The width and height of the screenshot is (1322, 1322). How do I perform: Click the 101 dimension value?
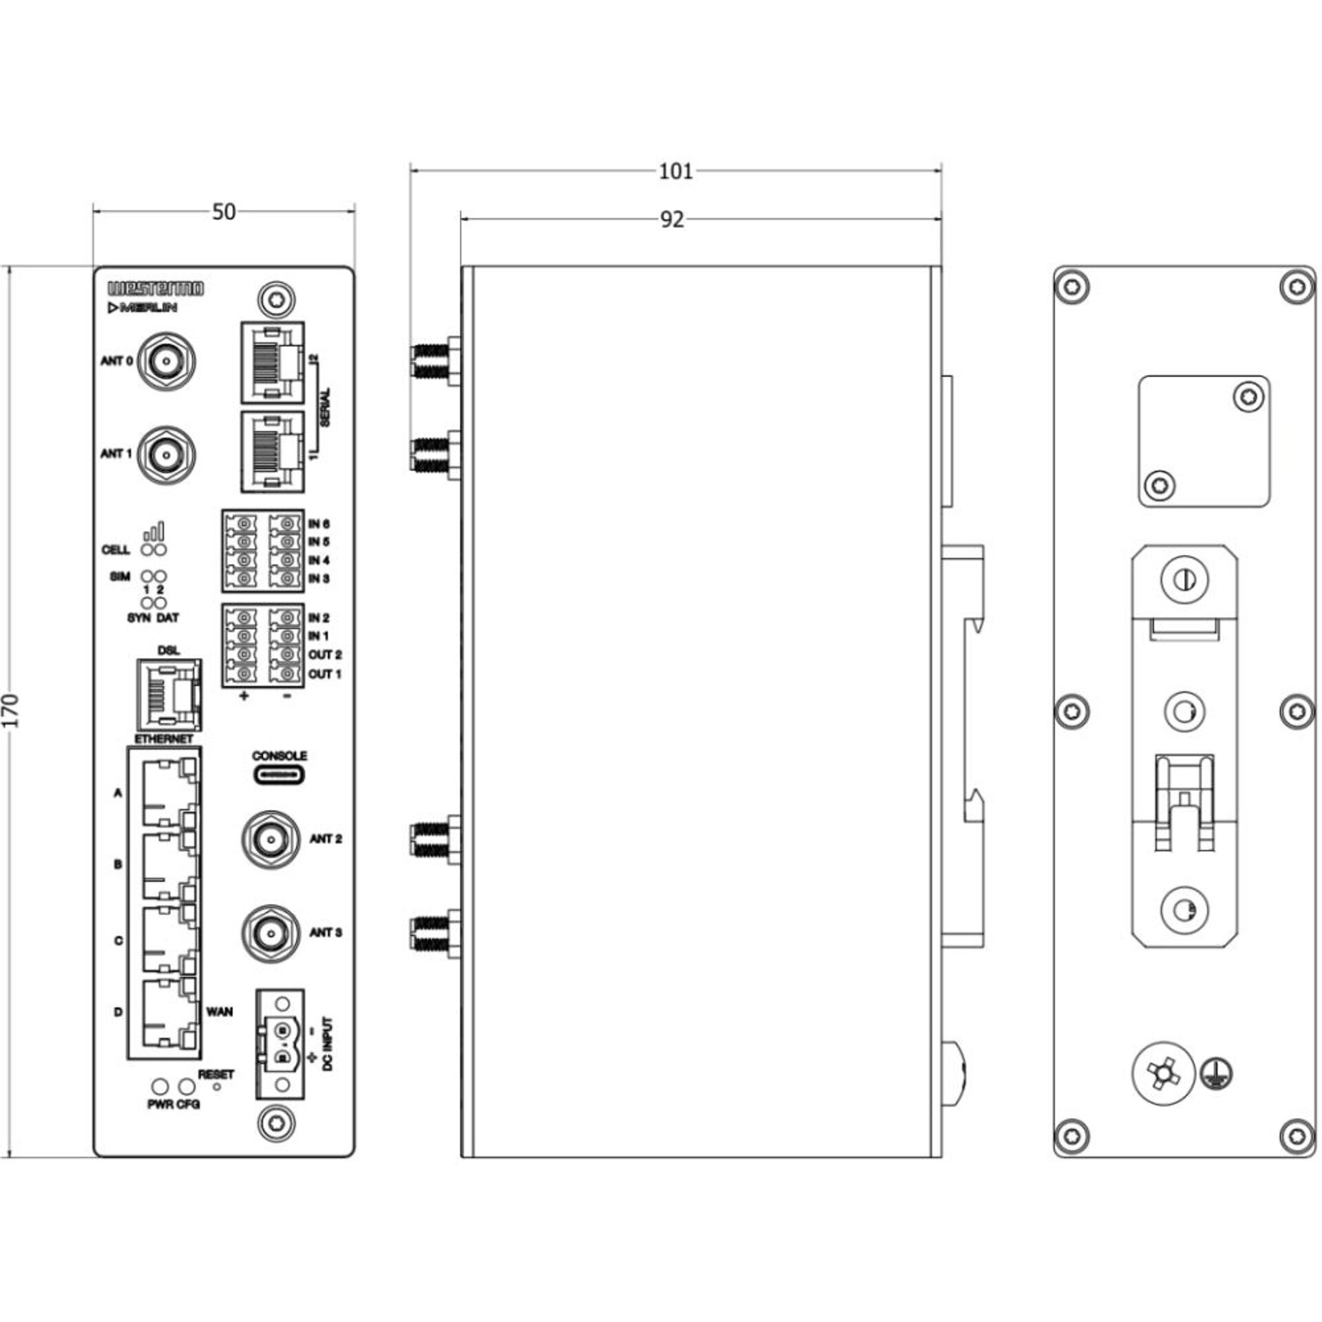[675, 171]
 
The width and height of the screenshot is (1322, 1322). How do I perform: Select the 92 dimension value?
[672, 219]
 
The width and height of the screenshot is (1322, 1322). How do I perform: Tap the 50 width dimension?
[224, 212]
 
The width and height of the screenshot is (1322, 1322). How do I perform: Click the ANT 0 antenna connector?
[166, 360]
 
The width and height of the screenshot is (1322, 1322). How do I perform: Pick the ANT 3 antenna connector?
[271, 933]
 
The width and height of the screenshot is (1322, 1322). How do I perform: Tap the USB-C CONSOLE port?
[280, 775]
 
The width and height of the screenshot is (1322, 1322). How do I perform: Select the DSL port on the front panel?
[169, 695]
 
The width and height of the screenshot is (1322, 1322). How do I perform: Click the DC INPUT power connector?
[282, 1044]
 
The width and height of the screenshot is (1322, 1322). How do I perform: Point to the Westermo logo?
[156, 288]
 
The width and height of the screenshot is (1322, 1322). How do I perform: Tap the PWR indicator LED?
[160, 1087]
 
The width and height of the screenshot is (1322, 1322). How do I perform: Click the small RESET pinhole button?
[218, 1087]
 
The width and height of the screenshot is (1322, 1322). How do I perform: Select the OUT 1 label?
[324, 674]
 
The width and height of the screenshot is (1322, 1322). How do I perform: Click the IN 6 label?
[318, 525]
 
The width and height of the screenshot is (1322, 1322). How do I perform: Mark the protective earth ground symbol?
[1217, 1073]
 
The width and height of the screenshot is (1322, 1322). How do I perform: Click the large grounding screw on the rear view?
[1164, 1073]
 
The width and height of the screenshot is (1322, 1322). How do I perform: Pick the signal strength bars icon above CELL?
[154, 530]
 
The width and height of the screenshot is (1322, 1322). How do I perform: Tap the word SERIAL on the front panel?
[325, 408]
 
